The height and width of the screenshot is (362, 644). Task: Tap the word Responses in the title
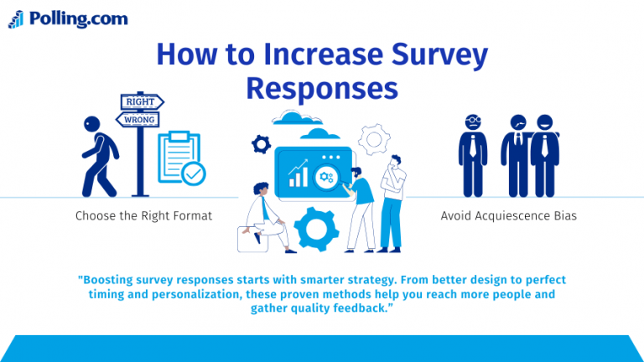point(322,87)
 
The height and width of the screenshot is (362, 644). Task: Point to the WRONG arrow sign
point(141,120)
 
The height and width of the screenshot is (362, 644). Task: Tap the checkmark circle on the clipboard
point(194,173)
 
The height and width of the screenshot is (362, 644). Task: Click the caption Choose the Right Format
point(143,215)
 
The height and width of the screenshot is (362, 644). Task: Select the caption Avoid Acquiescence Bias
point(508,215)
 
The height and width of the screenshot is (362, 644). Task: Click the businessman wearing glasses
point(473,151)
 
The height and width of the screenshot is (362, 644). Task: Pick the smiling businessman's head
point(546,127)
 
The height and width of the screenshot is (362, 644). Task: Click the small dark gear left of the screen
point(262,145)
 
